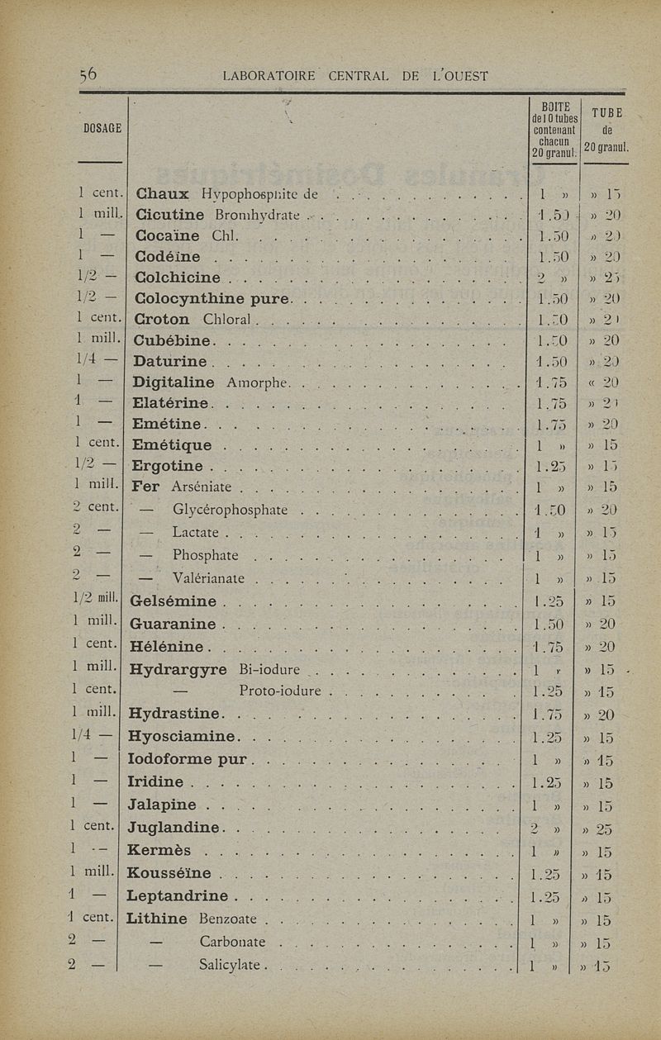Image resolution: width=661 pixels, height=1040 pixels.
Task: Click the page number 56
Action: click(88, 75)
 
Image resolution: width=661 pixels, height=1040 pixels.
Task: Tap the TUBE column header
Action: click(607, 113)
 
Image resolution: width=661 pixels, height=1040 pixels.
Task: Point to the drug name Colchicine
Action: click(177, 277)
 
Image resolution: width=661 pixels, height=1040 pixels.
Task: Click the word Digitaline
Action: click(174, 382)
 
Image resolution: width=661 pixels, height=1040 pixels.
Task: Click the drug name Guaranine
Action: click(173, 624)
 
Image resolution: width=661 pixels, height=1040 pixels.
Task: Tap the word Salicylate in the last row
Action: click(230, 964)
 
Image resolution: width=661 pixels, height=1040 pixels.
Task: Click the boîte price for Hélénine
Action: click(548, 646)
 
